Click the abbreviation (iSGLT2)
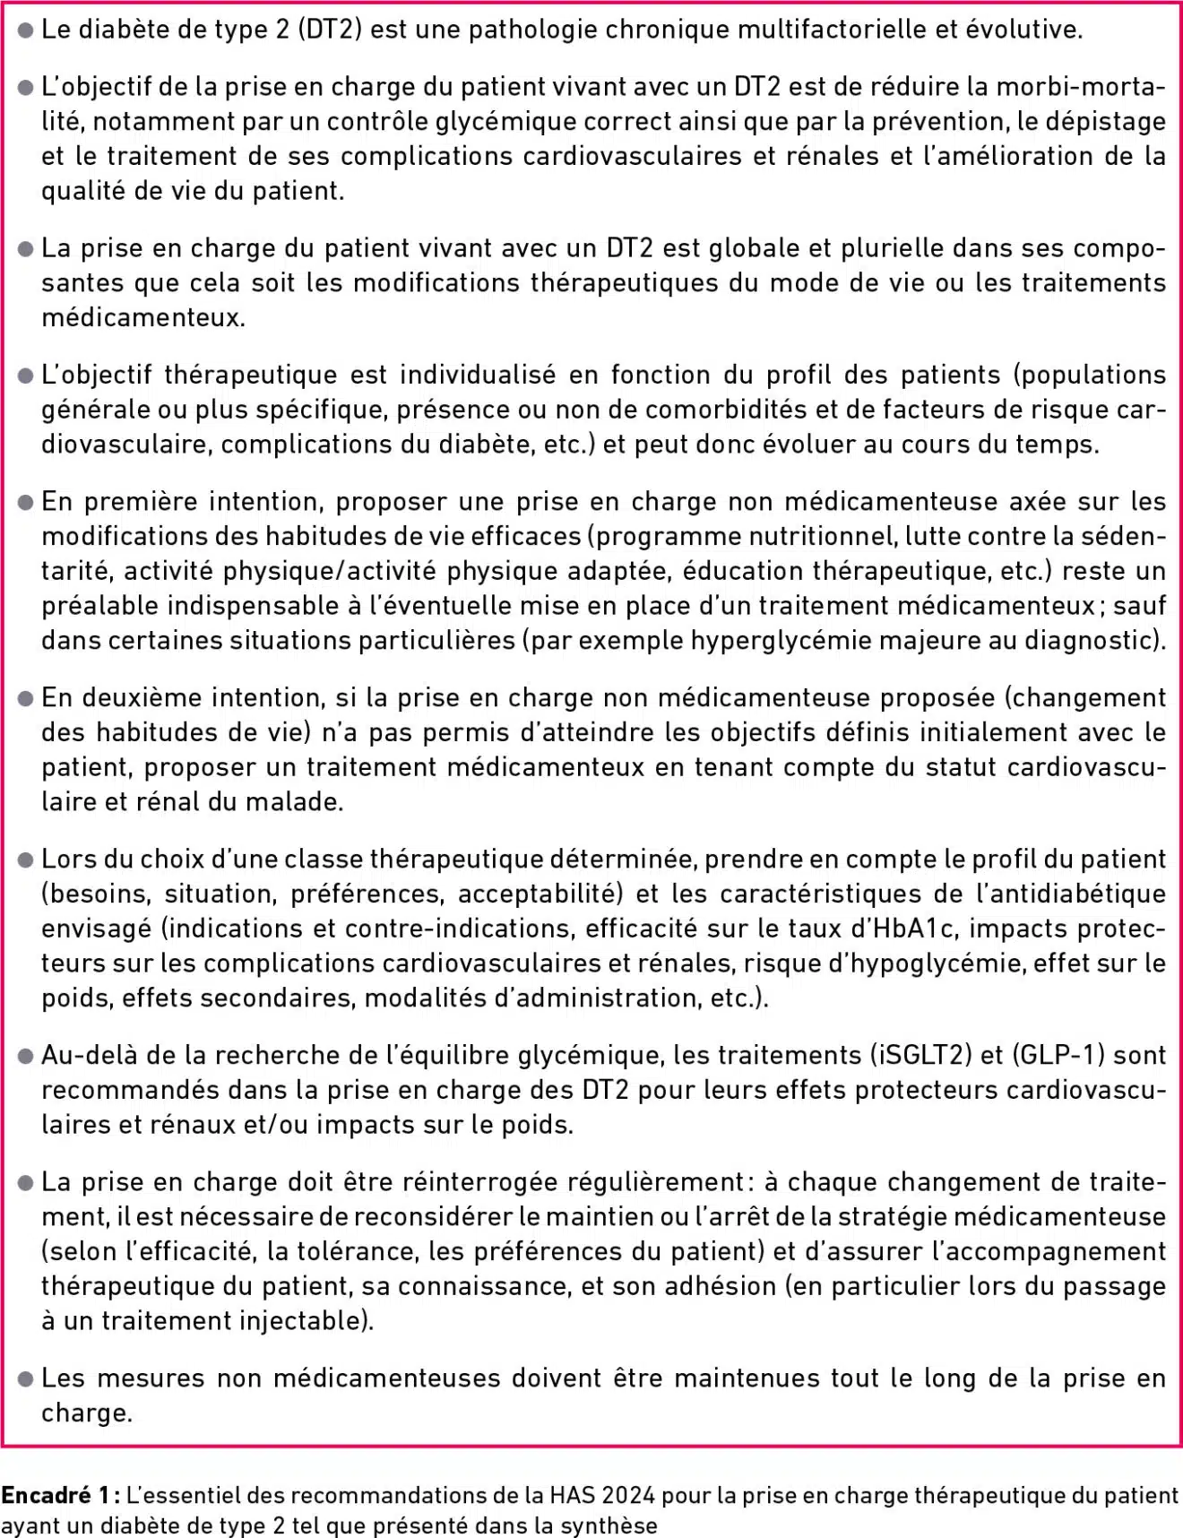pos(921,1055)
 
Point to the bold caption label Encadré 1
pos(59,1495)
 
